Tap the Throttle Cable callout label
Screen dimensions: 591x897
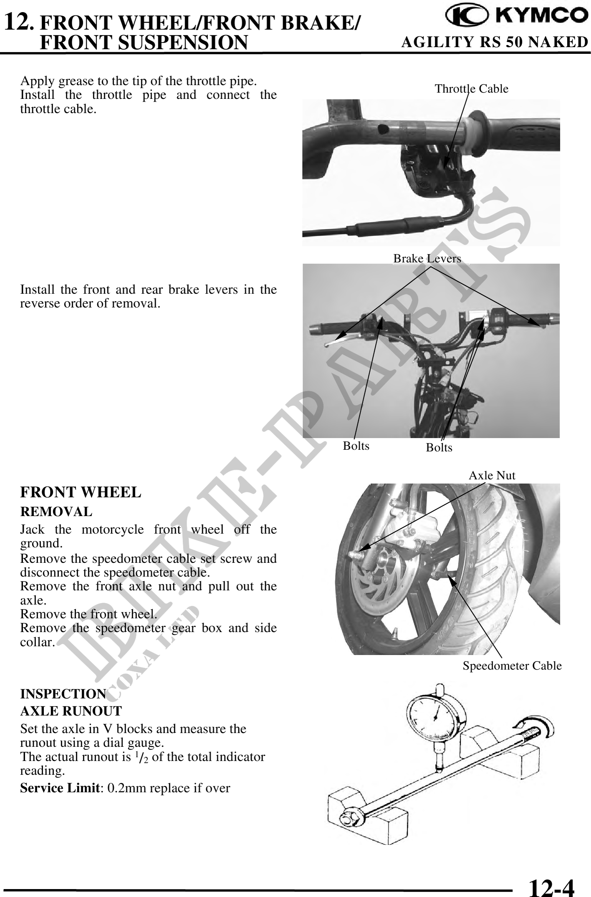pyautogui.click(x=472, y=88)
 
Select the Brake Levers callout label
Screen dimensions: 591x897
pyautogui.click(x=427, y=259)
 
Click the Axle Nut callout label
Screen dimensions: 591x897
pyautogui.click(x=492, y=476)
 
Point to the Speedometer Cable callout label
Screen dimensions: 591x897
pyautogui.click(x=512, y=666)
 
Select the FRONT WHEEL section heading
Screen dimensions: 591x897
pyautogui.click(x=81, y=492)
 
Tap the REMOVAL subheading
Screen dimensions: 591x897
pyautogui.click(x=56, y=512)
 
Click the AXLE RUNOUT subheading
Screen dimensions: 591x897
pyautogui.click(x=71, y=711)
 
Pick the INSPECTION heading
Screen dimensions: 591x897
pyautogui.click(x=63, y=694)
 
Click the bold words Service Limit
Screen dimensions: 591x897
pyautogui.click(x=61, y=788)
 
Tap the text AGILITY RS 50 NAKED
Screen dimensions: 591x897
pyautogui.click(x=495, y=42)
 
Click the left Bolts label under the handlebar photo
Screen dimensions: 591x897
pyautogui.click(x=356, y=446)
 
